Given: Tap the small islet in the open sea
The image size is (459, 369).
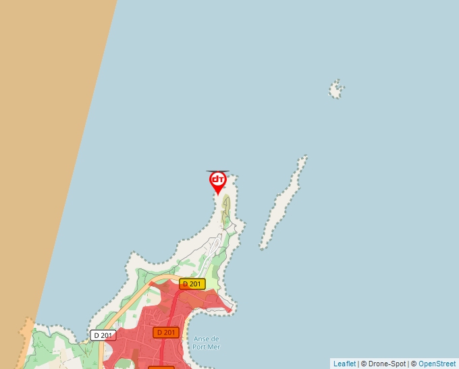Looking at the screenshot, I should tap(336, 88).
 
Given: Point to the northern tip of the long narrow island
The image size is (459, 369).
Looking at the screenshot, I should tap(303, 159).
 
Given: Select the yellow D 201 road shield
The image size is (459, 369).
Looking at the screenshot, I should tap(192, 284).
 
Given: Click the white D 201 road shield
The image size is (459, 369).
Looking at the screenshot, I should tap(103, 335).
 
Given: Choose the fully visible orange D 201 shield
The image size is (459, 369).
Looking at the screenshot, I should tap(165, 333).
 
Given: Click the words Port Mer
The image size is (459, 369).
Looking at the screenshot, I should tap(207, 347).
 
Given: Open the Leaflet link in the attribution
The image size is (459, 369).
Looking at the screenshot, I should tap(344, 364).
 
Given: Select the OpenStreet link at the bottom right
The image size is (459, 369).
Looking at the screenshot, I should tap(437, 364).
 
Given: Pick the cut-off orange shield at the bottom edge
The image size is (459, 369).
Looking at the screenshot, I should tap(161, 368).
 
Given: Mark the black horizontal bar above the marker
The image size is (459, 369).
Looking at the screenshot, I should tap(217, 171).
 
